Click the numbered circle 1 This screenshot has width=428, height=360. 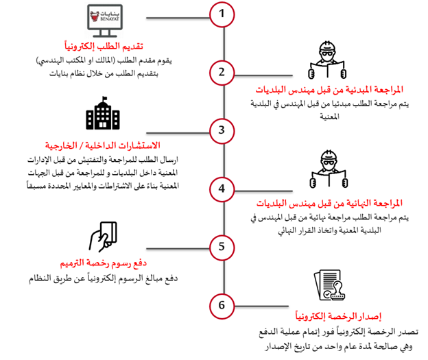221,13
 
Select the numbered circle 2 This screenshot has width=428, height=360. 221,71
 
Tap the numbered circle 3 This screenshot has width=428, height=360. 221,129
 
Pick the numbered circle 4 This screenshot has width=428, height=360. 221,188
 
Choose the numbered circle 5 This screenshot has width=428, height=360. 221,245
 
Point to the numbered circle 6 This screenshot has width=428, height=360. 221,304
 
